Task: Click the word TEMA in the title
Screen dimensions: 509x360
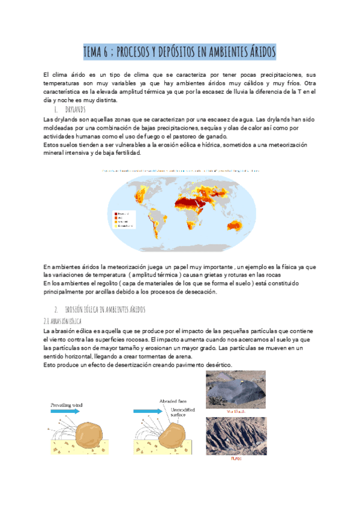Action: coord(94,52)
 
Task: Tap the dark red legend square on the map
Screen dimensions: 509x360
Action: coord(114,213)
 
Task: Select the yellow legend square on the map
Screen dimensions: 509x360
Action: coord(114,227)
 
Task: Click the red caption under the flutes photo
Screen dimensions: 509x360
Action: coord(236,458)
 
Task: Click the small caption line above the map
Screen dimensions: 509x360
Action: coord(180,170)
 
